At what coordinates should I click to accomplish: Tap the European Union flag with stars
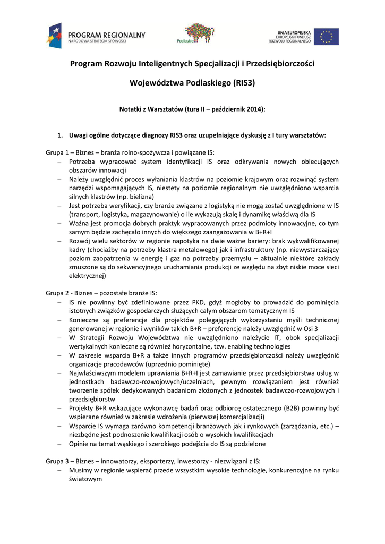coord(326,36)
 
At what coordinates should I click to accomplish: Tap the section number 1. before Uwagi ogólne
coord(61,135)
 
